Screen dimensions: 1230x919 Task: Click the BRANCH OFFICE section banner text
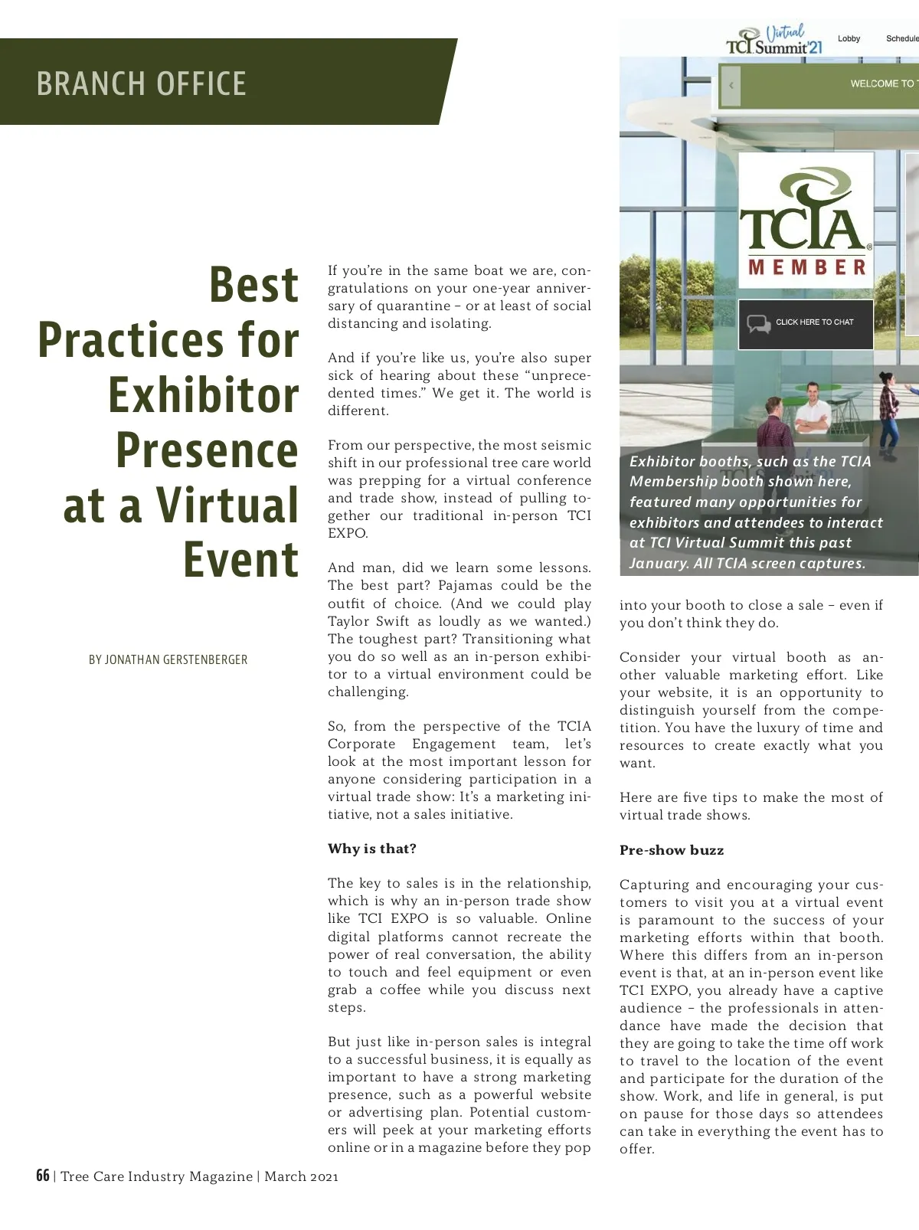[141, 83]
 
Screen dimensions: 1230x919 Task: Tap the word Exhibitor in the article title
[203, 395]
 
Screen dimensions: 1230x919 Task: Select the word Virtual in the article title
[227, 505]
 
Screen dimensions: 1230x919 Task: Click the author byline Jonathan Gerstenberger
[168, 659]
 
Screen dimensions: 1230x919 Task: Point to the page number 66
[43, 1176]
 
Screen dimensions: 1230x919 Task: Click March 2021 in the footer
[301, 1176]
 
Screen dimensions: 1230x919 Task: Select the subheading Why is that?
[372, 849]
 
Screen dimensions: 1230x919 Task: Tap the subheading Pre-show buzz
[671, 850]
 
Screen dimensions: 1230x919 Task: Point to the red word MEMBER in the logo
[806, 267]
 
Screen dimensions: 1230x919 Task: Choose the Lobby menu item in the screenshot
[849, 38]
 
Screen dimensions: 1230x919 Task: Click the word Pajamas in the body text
[465, 586]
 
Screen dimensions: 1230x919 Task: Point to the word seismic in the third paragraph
[566, 445]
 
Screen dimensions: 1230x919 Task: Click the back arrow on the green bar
[731, 85]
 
